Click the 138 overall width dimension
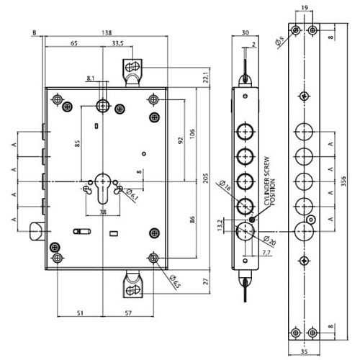click(x=107, y=32)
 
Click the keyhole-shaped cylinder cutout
click(x=104, y=189)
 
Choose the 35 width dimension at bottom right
click(x=305, y=353)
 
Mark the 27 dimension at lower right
click(x=204, y=282)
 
